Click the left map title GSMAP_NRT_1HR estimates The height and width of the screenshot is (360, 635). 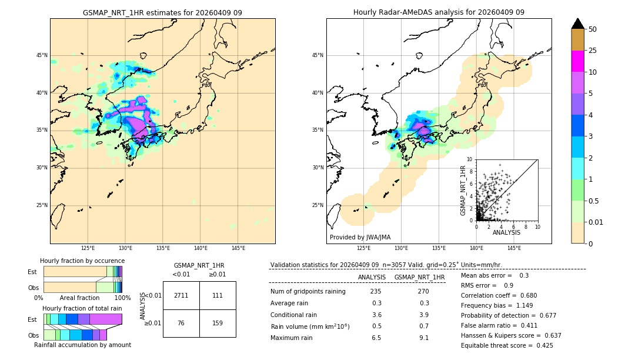[162, 12]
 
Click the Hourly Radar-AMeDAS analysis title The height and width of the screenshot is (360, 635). [439, 12]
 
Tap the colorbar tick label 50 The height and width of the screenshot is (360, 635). [593, 29]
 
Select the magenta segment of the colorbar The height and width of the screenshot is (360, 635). [578, 61]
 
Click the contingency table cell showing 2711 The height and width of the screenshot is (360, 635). [181, 295]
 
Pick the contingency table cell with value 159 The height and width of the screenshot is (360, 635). [218, 322]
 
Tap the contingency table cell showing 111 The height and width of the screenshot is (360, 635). [218, 295]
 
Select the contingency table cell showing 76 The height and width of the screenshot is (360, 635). [181, 322]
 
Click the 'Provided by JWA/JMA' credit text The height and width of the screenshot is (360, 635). [360, 237]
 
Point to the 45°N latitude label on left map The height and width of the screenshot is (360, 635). [42, 55]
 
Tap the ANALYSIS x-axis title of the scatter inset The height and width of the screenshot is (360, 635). [506, 232]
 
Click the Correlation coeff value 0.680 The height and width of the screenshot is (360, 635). [525, 295]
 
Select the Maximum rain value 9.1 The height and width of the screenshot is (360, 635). [424, 338]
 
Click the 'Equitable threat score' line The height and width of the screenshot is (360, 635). [507, 345]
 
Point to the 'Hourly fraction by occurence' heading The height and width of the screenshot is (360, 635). [82, 261]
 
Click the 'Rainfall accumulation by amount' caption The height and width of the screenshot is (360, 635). [82, 345]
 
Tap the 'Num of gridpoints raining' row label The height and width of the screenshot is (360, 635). [308, 291]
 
